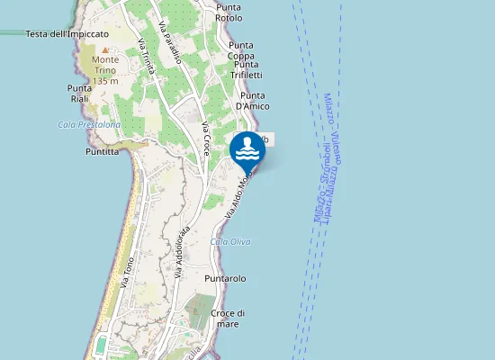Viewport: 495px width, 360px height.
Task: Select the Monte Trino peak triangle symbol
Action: click(105, 50)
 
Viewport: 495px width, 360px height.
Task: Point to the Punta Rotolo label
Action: click(229, 13)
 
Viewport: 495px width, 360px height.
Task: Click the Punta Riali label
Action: click(79, 93)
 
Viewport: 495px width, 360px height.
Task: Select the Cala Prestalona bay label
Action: click(88, 125)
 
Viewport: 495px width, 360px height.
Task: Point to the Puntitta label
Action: click(102, 152)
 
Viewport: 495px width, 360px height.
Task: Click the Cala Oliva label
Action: click(230, 242)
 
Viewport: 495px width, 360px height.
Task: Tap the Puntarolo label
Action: click(225, 279)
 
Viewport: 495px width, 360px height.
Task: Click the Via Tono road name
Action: click(127, 271)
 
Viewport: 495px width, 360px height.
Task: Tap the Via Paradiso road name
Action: click(170, 42)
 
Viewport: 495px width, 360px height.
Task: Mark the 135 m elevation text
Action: click(105, 81)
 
